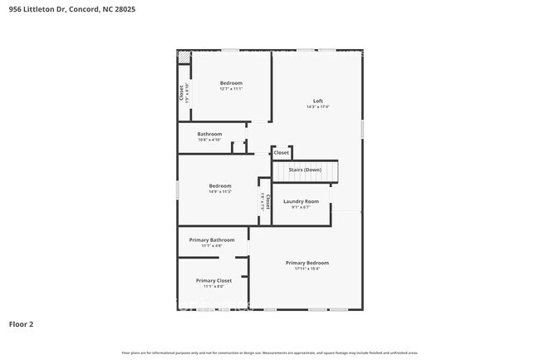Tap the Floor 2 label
pyautogui.click(x=22, y=324)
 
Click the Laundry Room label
pyautogui.click(x=301, y=201)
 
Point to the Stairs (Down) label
pyautogui.click(x=305, y=170)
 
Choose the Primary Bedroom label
pyautogui.click(x=307, y=262)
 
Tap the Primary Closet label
pyautogui.click(x=214, y=280)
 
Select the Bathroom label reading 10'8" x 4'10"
pyautogui.click(x=209, y=134)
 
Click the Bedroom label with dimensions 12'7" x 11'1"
pyautogui.click(x=231, y=82)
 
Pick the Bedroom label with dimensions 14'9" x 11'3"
pyautogui.click(x=220, y=185)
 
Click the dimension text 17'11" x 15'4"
pyautogui.click(x=307, y=269)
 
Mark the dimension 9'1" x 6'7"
pyautogui.click(x=301, y=208)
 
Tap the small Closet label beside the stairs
pyautogui.click(x=282, y=153)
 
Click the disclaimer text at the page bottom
pyautogui.click(x=270, y=353)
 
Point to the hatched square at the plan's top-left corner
pyautogui.click(x=184, y=57)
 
